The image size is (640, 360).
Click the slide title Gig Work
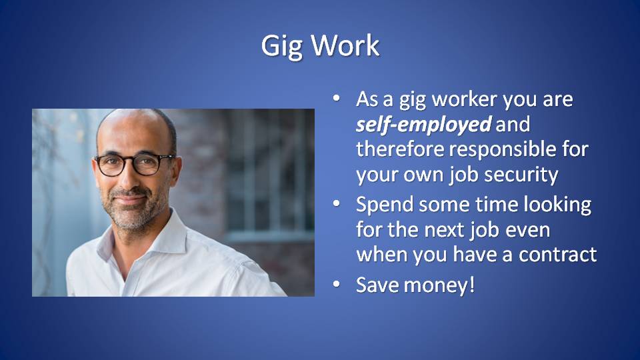point(321,46)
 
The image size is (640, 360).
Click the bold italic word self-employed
point(423,125)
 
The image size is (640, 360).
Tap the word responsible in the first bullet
point(503,149)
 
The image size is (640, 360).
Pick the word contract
point(557,255)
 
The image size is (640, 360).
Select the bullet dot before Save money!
point(336,284)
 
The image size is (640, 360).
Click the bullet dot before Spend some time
point(336,203)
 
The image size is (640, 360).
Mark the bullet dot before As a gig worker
point(336,98)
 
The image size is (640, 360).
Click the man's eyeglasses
point(134,164)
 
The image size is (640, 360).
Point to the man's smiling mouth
point(130,199)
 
